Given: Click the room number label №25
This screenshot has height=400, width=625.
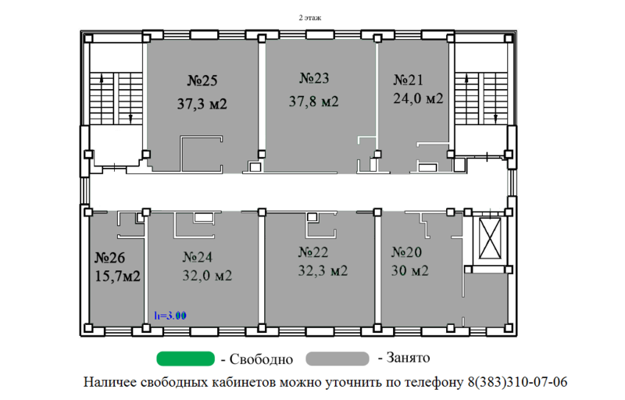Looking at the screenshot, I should point(202,80).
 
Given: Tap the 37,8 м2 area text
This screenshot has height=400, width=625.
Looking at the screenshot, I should point(313,102).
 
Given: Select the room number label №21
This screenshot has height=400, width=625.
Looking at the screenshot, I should point(408,80).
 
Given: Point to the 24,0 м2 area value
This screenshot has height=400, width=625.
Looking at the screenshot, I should point(417,98).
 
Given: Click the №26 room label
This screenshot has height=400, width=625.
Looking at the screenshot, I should point(110,257).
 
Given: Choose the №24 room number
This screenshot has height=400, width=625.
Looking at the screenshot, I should point(198,256).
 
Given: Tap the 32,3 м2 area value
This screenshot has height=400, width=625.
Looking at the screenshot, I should point(323,270).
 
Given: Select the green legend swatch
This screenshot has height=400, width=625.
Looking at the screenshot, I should point(186,359).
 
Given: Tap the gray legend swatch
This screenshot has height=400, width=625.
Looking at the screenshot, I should point(337,359).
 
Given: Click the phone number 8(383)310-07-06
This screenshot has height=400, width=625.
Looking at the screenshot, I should point(517,383).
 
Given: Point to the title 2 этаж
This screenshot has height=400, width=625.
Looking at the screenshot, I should point(310,16).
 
